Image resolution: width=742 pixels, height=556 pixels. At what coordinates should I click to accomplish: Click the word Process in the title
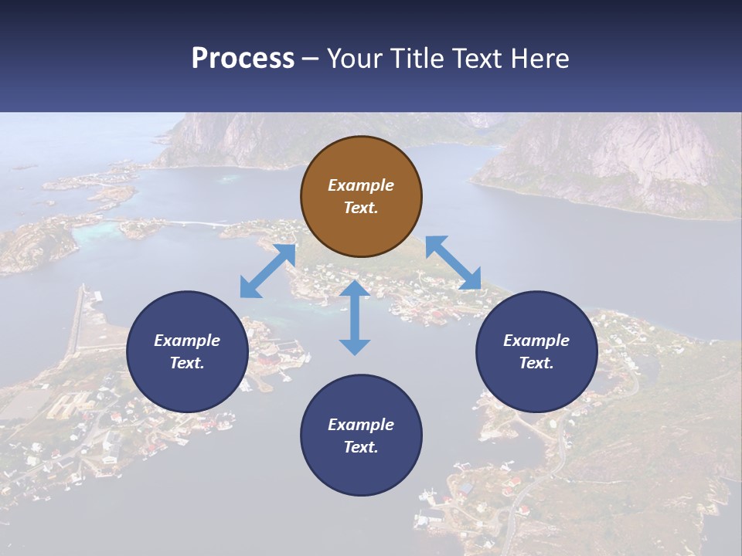[x=243, y=58]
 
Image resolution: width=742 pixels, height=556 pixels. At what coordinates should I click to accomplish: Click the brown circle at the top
[x=361, y=197]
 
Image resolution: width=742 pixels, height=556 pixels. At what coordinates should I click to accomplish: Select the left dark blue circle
[x=187, y=351]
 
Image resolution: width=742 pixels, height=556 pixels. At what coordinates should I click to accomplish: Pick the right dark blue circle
[x=536, y=351]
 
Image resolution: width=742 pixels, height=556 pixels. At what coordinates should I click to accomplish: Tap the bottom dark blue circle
[x=361, y=436]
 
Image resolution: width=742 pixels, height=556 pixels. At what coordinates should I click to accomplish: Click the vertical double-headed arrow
[x=355, y=317]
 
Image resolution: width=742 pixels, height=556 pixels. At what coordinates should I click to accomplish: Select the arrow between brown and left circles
[x=267, y=271]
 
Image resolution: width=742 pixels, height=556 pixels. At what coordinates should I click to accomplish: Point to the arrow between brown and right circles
[x=453, y=263]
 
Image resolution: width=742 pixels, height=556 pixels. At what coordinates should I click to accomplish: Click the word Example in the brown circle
[x=361, y=185]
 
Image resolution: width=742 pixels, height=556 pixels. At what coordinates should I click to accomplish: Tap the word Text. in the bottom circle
[x=361, y=447]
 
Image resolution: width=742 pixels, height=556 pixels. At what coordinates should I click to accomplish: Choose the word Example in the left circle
[x=187, y=341]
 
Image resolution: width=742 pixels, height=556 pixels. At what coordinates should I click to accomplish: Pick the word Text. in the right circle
[x=536, y=363]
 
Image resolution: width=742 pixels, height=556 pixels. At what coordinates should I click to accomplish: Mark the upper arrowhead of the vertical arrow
[x=355, y=290]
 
